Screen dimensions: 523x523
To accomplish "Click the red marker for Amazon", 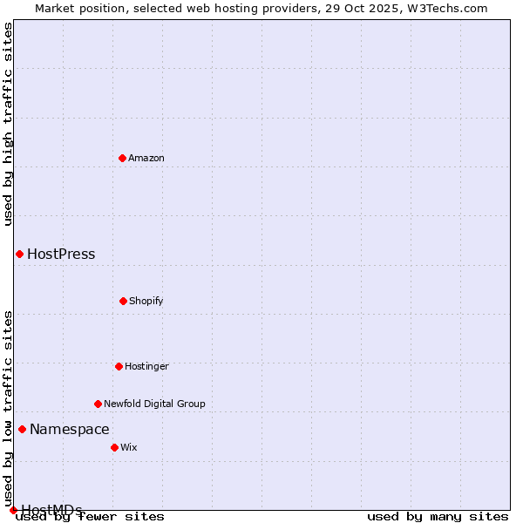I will [x=122, y=158].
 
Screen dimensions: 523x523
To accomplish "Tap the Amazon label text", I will [x=146, y=158].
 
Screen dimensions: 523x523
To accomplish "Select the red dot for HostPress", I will [x=19, y=254].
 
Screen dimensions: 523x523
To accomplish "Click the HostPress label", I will [x=61, y=255].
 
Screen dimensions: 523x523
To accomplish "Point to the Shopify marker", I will [x=123, y=301].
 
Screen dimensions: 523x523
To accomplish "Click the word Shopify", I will [x=146, y=302].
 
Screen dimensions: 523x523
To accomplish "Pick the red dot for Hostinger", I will [x=119, y=366].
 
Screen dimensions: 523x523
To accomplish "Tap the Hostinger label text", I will [x=146, y=367].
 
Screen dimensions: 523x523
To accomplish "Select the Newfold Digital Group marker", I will [x=98, y=404].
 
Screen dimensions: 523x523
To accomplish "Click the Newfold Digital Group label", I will [x=154, y=404].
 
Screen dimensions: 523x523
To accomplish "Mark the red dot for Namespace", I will [x=22, y=429].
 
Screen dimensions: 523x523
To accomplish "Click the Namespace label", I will [x=70, y=429].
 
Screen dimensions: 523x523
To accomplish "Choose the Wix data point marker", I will [x=114, y=447].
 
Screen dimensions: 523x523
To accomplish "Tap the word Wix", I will [x=129, y=448].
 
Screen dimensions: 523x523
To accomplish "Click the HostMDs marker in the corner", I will [x=13, y=510].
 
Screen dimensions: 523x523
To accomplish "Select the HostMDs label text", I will [x=51, y=510].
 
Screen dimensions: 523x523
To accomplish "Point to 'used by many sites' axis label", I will [x=438, y=516].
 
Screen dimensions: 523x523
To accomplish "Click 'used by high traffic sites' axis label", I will [x=9, y=124].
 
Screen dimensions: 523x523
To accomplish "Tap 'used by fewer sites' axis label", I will [x=91, y=516].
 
